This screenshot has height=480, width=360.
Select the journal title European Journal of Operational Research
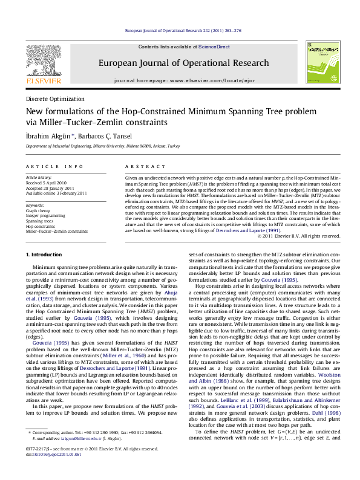click(183, 63)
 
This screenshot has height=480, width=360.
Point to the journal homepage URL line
click(183, 79)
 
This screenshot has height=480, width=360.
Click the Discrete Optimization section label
click(55, 99)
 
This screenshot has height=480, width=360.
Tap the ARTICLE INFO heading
click(54, 166)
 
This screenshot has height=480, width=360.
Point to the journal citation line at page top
click(183, 30)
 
